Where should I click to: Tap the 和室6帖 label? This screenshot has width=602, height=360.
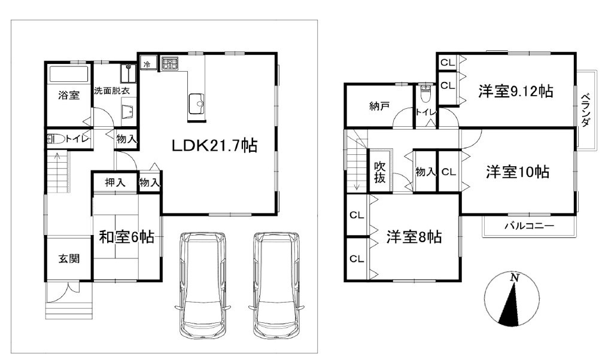pos(126,237)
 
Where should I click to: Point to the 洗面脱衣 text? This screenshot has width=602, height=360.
pos(115,91)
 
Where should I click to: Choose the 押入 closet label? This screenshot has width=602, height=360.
pos(115,182)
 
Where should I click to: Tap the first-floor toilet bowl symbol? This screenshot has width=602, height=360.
pos(55,139)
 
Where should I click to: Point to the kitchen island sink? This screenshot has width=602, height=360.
pos(197,103)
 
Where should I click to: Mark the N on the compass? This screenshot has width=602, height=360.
pos(513,278)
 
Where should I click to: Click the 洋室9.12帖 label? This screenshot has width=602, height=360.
pos(515,91)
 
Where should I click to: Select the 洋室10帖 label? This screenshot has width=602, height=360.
pos(517,172)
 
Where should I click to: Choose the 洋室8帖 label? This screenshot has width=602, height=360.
pos(414,237)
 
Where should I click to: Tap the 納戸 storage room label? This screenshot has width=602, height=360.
pos(379,107)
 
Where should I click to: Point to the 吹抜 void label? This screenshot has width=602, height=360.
pos(380,172)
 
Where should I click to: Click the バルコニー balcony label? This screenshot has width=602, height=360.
pos(528,226)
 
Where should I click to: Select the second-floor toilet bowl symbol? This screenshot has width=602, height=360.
pos(426,94)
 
